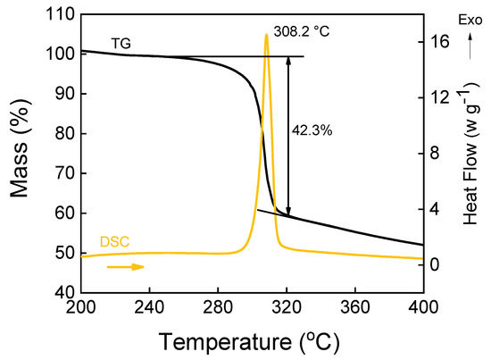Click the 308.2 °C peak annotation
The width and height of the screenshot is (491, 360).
(302, 29)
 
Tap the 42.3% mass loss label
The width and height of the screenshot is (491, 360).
(312, 130)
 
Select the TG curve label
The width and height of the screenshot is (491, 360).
(122, 42)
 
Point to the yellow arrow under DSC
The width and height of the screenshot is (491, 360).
(124, 266)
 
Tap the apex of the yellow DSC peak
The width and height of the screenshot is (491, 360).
(266, 35)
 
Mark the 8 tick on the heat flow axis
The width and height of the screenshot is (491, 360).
(436, 153)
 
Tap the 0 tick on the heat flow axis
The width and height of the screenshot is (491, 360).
(436, 264)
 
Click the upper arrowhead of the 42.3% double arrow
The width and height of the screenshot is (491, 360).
(288, 60)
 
